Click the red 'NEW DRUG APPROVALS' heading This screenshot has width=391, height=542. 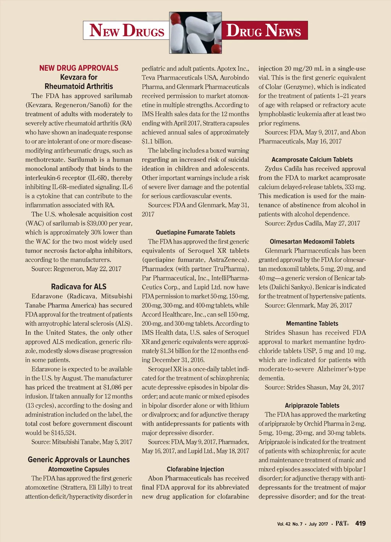[79, 68]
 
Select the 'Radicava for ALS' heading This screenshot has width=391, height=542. [79, 287]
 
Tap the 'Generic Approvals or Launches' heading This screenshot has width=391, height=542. [79, 460]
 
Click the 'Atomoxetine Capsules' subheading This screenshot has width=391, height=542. [79, 469]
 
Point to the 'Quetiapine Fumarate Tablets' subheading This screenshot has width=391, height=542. [195, 232]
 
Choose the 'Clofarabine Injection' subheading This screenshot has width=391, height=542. [195, 469]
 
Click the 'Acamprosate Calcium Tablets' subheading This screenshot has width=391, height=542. [312, 160]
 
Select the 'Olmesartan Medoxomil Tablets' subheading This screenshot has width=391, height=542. [312, 242]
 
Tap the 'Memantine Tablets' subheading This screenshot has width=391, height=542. [312, 323]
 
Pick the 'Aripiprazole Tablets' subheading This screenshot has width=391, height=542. [312, 405]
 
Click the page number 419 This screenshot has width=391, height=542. [360, 523]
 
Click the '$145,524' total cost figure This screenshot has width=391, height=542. [62, 433]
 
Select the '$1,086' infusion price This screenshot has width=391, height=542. [113, 387]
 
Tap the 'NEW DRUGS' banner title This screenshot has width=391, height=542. [126, 31]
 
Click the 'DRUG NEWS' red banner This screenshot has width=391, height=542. [264, 31]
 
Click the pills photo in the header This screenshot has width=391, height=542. [195, 32]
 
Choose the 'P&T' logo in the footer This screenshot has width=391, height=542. [342, 523]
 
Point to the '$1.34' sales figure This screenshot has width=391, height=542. [169, 351]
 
